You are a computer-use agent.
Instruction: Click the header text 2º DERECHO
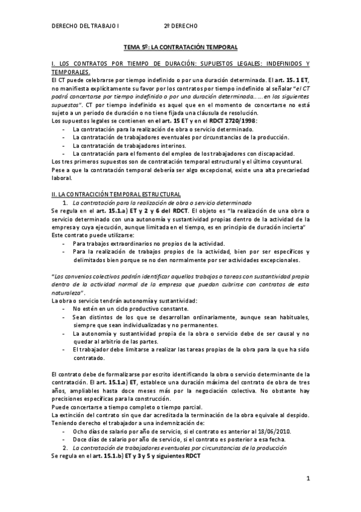tap(181, 27)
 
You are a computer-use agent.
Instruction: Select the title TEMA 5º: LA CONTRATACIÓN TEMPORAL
tap(180, 46)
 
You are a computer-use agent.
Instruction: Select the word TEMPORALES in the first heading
tap(73, 72)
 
